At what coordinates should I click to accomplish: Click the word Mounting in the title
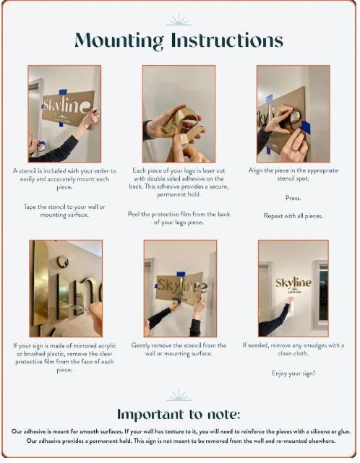(x=119, y=40)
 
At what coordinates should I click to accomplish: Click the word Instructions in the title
(x=227, y=40)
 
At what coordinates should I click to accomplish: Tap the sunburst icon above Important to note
(x=179, y=395)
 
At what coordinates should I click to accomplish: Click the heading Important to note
(x=179, y=414)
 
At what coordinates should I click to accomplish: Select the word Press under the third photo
(x=293, y=198)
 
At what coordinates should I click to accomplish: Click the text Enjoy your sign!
(x=293, y=373)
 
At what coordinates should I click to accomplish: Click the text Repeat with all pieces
(x=293, y=216)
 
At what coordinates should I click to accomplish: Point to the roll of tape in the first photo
(x=42, y=146)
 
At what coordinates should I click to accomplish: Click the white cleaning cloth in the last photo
(x=291, y=308)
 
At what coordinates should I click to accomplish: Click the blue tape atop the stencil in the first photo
(x=63, y=92)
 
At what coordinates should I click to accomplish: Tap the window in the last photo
(x=323, y=293)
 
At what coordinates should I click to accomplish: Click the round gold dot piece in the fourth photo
(x=63, y=261)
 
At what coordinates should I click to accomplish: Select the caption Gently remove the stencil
(x=179, y=349)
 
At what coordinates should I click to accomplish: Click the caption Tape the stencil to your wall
(x=64, y=210)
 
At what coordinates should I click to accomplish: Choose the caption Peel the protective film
(x=179, y=218)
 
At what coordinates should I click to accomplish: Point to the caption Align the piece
(x=293, y=174)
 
